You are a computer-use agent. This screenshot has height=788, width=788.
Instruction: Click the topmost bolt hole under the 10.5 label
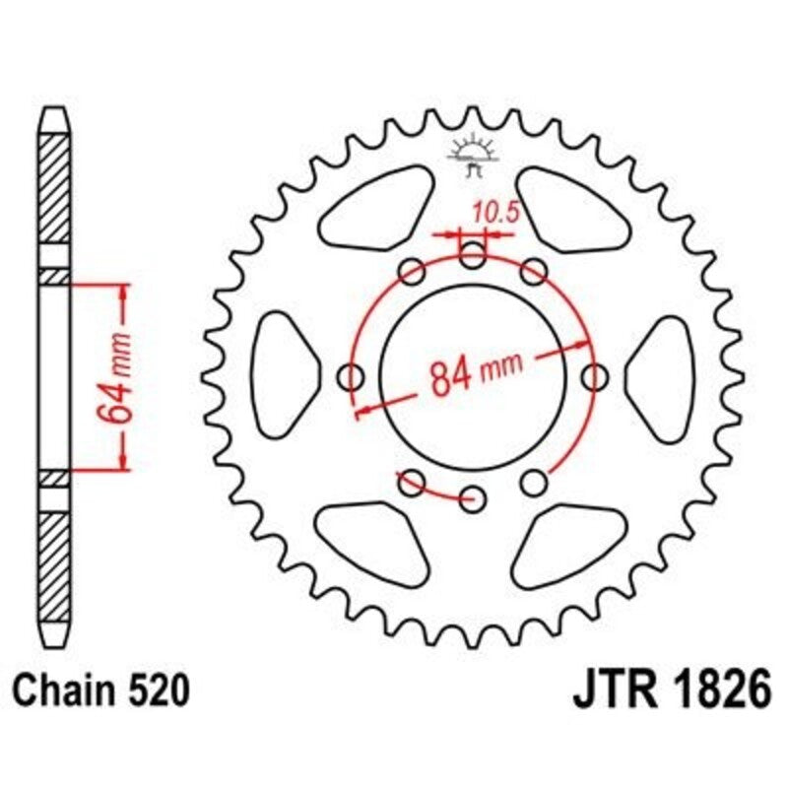(474, 257)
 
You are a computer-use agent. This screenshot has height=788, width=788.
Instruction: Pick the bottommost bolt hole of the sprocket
(474, 496)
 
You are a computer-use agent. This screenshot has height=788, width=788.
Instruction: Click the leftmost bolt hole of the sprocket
(352, 376)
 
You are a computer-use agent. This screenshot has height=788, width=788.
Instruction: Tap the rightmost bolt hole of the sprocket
(595, 376)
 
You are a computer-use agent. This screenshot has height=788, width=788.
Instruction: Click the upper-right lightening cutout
(568, 209)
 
